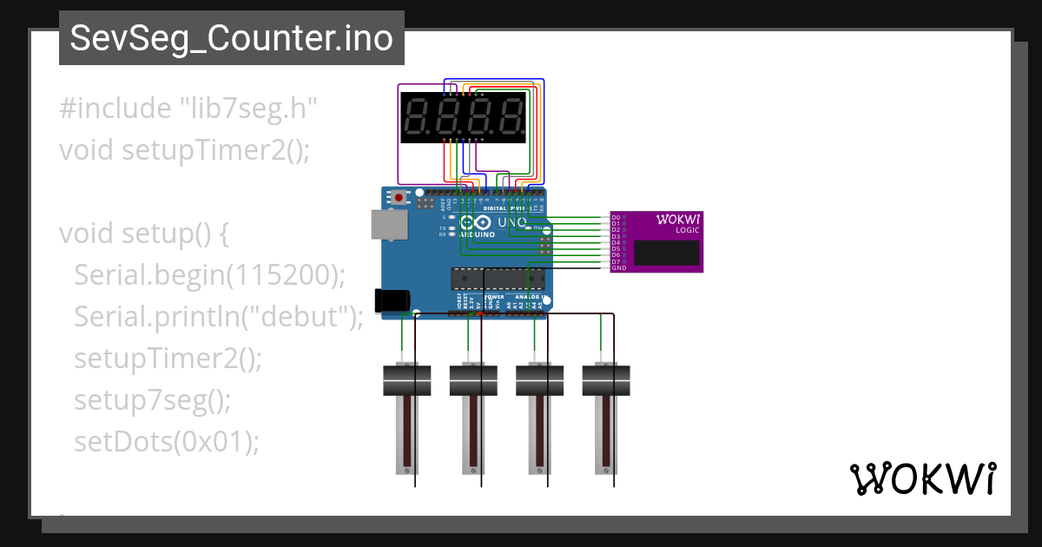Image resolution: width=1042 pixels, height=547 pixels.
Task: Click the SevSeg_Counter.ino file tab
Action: [231, 38]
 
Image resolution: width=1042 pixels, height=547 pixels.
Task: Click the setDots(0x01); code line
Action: [167, 442]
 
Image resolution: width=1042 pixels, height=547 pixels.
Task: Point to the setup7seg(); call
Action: [153, 400]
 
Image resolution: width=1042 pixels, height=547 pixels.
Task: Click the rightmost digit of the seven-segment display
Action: [511, 117]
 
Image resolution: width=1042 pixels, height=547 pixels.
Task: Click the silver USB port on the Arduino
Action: [387, 223]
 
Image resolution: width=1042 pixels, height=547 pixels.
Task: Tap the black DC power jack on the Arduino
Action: [391, 300]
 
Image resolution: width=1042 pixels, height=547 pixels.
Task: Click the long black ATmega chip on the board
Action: [497, 278]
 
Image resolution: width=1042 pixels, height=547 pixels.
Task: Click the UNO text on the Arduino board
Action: [511, 222]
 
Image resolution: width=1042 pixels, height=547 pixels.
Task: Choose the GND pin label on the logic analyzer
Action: [618, 268]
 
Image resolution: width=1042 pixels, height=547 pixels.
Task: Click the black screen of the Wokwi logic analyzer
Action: [666, 253]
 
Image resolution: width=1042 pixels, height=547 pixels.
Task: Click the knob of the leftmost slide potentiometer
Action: [407, 380]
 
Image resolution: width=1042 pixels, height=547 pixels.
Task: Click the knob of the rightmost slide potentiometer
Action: [606, 380]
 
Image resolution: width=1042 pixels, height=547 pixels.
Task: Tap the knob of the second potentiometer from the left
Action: [473, 380]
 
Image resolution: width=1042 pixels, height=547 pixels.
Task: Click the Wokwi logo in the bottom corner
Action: [921, 478]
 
